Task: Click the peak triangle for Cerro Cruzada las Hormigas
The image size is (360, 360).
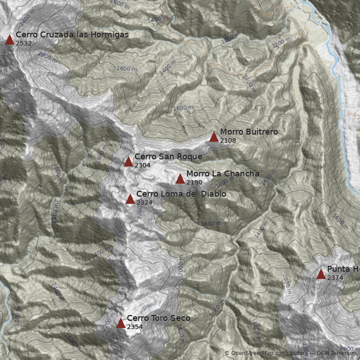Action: point(9,40)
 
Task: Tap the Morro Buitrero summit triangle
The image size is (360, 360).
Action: point(214,137)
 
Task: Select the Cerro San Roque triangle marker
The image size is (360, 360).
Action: point(128,162)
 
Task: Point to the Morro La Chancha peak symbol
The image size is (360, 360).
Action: point(180,179)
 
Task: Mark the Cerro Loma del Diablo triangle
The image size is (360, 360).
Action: point(130,199)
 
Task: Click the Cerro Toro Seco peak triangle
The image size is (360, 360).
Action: point(121,324)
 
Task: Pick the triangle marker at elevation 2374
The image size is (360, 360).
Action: point(321,274)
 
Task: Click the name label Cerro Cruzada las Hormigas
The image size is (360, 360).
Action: point(72,35)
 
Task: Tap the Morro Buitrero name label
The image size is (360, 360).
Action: point(249,132)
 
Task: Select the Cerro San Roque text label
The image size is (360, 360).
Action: point(168,157)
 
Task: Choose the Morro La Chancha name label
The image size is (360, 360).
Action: point(223,174)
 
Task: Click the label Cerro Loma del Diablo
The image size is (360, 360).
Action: point(181,194)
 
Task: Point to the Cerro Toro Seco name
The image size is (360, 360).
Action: point(158,318)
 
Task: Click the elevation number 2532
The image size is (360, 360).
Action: point(23,43)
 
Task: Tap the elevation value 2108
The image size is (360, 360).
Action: point(228,140)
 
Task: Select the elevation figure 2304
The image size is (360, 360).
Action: point(143,165)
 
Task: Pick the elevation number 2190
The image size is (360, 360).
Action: point(194,182)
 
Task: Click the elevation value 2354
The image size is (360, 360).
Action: point(135,327)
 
